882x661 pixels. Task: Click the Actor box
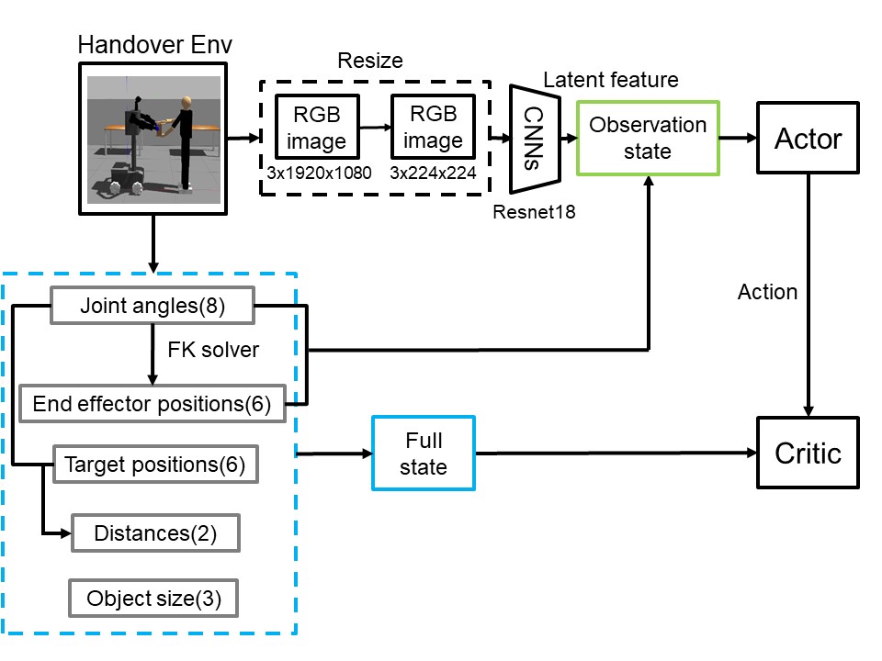[x=808, y=139]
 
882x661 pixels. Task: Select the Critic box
[x=808, y=453]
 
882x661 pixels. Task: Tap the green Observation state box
[x=648, y=138]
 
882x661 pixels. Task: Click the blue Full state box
[x=424, y=454]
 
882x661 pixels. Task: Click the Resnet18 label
[x=534, y=212]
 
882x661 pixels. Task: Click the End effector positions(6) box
[x=152, y=404]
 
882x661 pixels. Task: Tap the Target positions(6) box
[x=154, y=465]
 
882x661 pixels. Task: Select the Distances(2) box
[x=155, y=533]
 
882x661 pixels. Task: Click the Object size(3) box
[x=153, y=599]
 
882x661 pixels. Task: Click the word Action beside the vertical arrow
[x=767, y=292]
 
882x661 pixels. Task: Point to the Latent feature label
[x=610, y=80]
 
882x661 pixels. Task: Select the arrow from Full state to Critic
[x=616, y=453]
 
